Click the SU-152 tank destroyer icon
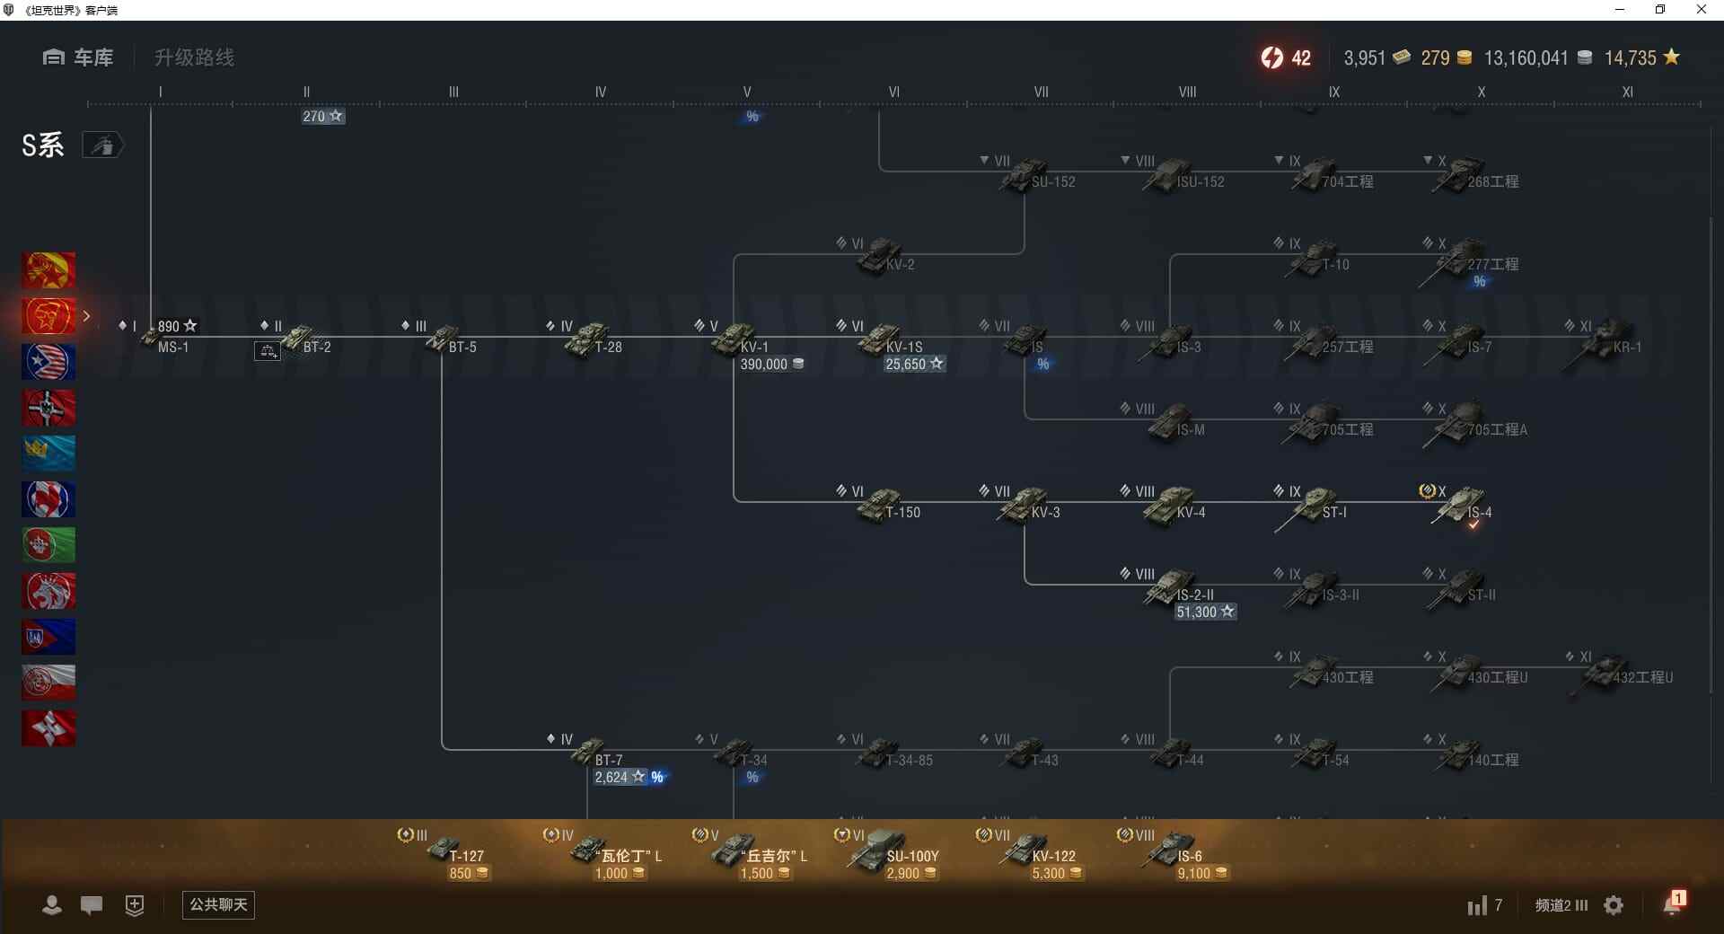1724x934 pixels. point(1025,174)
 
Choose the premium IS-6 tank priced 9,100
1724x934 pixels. point(1171,848)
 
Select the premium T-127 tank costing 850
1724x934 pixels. point(444,848)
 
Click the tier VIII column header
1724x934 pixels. point(1187,92)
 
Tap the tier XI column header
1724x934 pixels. point(1627,92)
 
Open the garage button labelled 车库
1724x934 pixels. point(78,57)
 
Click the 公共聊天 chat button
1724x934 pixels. point(218,904)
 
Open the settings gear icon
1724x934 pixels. point(1614,905)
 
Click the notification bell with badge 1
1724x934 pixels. point(1673,903)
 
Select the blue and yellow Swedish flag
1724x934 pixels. point(48,454)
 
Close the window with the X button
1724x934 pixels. point(1701,10)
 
